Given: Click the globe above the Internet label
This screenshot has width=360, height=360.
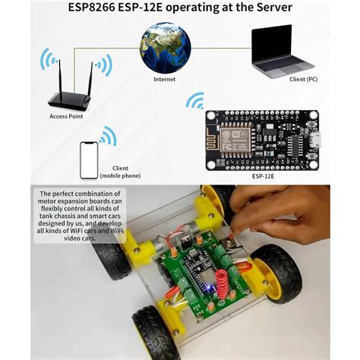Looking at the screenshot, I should pyautogui.click(x=165, y=47).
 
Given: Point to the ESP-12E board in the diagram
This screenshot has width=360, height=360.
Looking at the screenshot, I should pyautogui.click(x=262, y=141).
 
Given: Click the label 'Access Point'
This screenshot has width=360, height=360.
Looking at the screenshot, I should pyautogui.click(x=67, y=117).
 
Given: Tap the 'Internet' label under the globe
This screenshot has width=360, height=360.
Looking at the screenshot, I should pyautogui.click(x=165, y=79).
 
